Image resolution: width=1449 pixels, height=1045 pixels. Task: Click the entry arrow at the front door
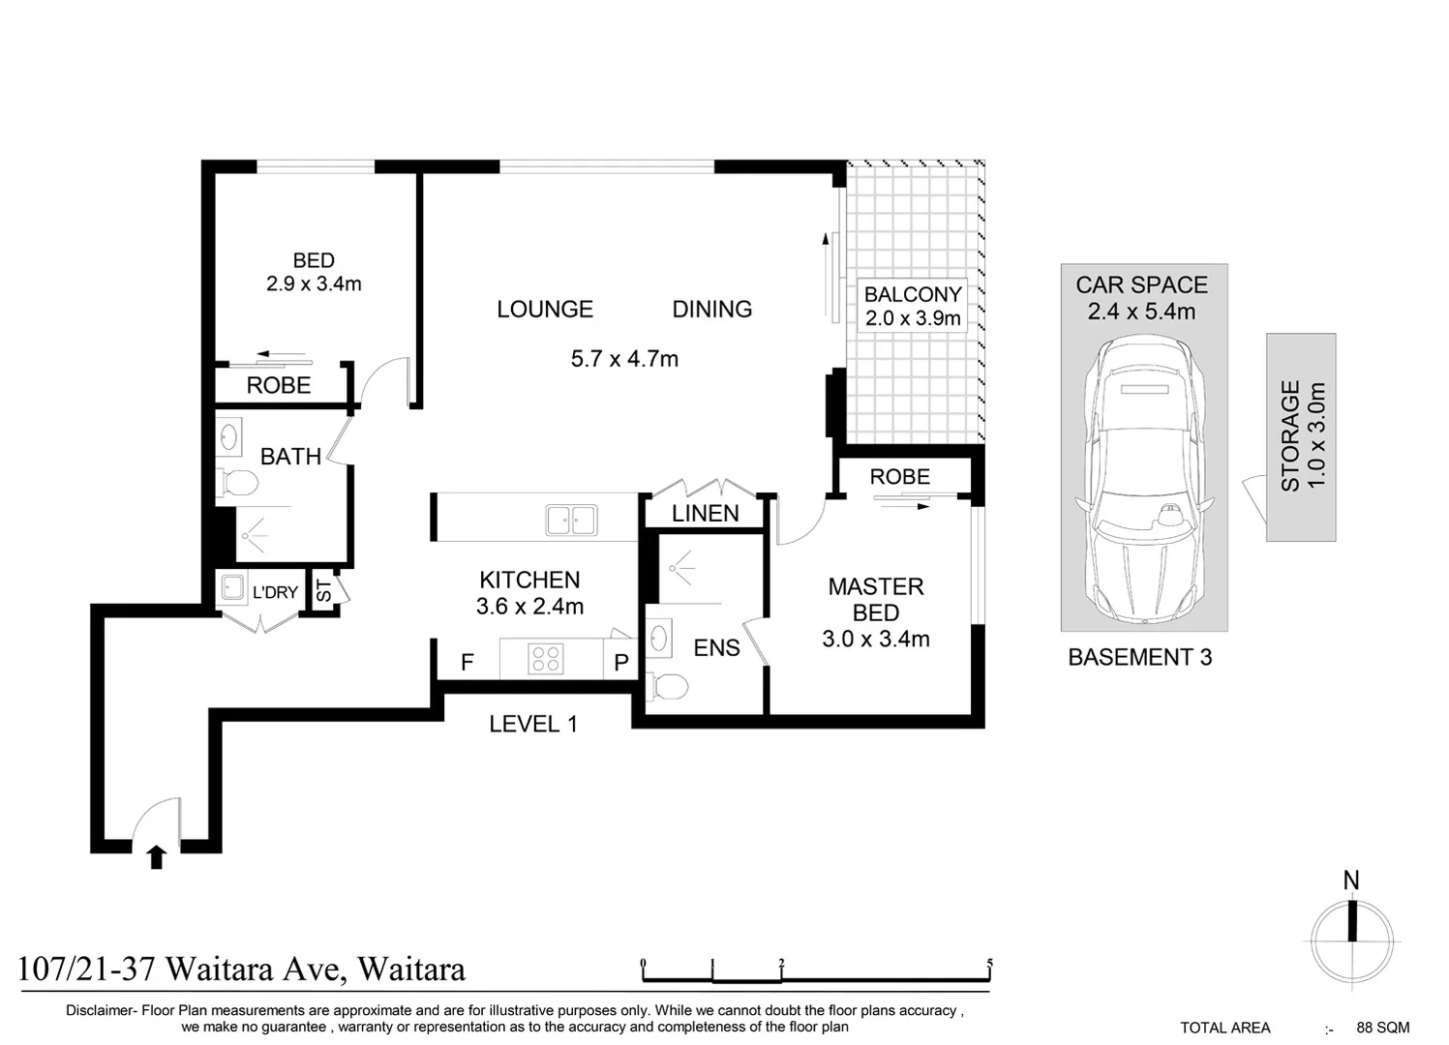point(157,857)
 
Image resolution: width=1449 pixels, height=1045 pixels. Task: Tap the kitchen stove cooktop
point(546,659)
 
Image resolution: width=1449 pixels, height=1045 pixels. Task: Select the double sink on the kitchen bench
point(571,520)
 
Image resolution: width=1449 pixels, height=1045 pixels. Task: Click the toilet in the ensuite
point(666,686)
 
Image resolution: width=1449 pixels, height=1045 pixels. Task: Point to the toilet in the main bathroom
point(237,482)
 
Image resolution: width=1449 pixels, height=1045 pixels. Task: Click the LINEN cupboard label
point(705,514)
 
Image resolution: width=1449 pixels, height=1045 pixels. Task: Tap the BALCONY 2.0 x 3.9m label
point(912,306)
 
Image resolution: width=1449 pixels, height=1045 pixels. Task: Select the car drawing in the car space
point(1143,481)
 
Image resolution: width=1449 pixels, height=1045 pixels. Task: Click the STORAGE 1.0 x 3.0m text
point(1302,436)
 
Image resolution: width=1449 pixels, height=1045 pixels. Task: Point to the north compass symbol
point(1352,937)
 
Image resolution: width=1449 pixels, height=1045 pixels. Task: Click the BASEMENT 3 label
point(1139,658)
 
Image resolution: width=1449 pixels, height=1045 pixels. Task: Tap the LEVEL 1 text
point(533,724)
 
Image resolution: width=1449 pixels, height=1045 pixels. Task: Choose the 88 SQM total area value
point(1382,1028)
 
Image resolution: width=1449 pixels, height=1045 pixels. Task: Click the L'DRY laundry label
point(275,592)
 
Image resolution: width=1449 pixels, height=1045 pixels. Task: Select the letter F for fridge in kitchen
point(468,663)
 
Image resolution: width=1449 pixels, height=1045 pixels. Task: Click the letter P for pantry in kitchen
point(621,663)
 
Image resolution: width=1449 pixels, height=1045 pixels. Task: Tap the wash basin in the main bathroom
point(229,436)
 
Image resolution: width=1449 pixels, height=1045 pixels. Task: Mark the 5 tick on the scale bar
point(989,964)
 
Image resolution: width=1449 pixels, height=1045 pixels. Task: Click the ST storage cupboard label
point(324,591)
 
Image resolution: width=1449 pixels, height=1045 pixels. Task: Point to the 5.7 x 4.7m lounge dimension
point(624,359)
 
